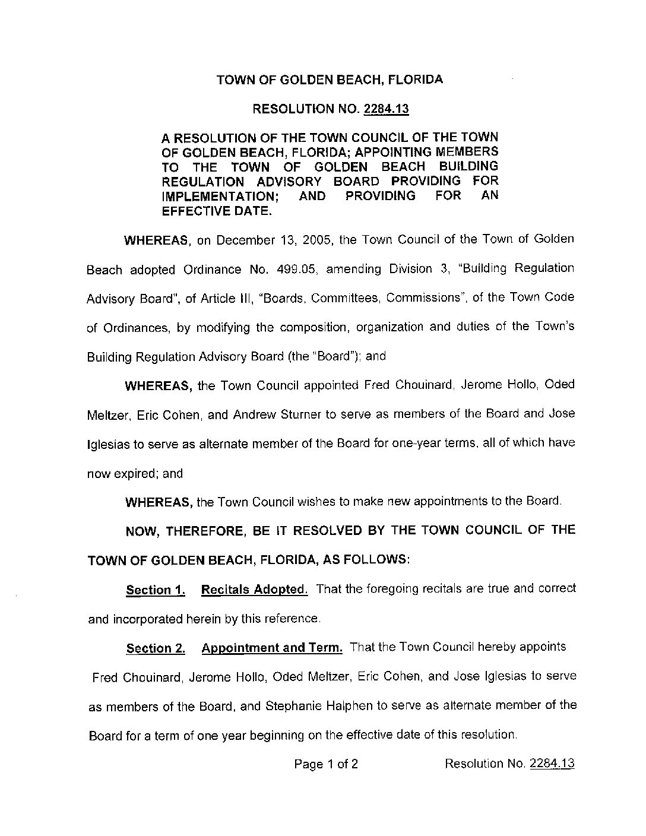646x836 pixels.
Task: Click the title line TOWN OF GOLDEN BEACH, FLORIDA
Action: (x=330, y=79)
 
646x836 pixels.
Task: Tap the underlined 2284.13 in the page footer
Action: (x=552, y=764)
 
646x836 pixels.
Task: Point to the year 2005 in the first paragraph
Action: (x=313, y=240)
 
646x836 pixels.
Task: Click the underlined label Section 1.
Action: (x=156, y=590)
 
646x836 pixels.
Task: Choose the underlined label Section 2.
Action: (x=156, y=649)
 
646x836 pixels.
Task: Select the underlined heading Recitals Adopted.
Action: (x=255, y=590)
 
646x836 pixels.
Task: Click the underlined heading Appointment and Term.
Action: (x=272, y=648)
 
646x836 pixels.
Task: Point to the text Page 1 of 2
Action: (x=326, y=764)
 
